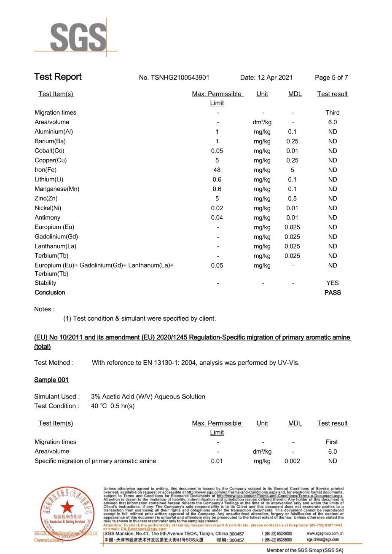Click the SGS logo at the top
tap(78, 37)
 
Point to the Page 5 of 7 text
tap(331, 78)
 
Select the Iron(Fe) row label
tap(46, 170)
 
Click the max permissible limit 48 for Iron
tap(217, 170)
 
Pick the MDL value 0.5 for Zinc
tap(292, 198)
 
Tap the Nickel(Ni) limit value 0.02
tap(217, 208)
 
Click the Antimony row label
tap(47, 218)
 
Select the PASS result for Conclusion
tap(333, 292)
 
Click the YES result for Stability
tap(333, 283)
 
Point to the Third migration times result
tap(333, 112)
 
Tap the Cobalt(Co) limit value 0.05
tap(217, 151)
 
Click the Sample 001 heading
tap(51, 380)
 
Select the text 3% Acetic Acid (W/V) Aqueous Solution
tap(148, 396)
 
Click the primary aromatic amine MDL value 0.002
tap(292, 461)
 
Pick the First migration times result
tap(332, 442)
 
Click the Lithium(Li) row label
tap(49, 179)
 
